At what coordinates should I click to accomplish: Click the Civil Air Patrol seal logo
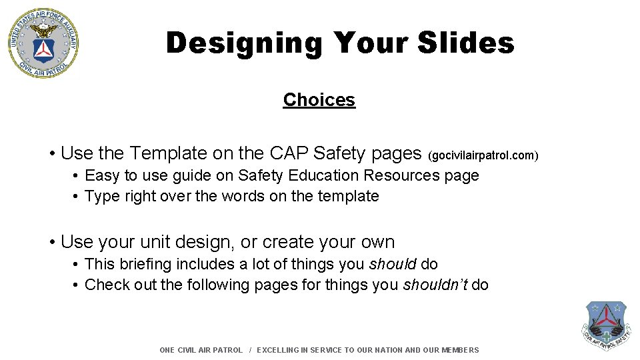[43, 43]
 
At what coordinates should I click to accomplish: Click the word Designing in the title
[243, 43]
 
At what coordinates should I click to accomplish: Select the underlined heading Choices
[319, 100]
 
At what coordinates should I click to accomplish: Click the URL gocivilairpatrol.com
[484, 155]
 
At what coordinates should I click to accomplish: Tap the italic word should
[393, 264]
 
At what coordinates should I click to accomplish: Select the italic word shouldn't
[435, 285]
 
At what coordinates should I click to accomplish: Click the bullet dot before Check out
[77, 285]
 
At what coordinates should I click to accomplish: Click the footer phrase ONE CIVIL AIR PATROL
[201, 350]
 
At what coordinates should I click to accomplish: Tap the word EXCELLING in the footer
[279, 350]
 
